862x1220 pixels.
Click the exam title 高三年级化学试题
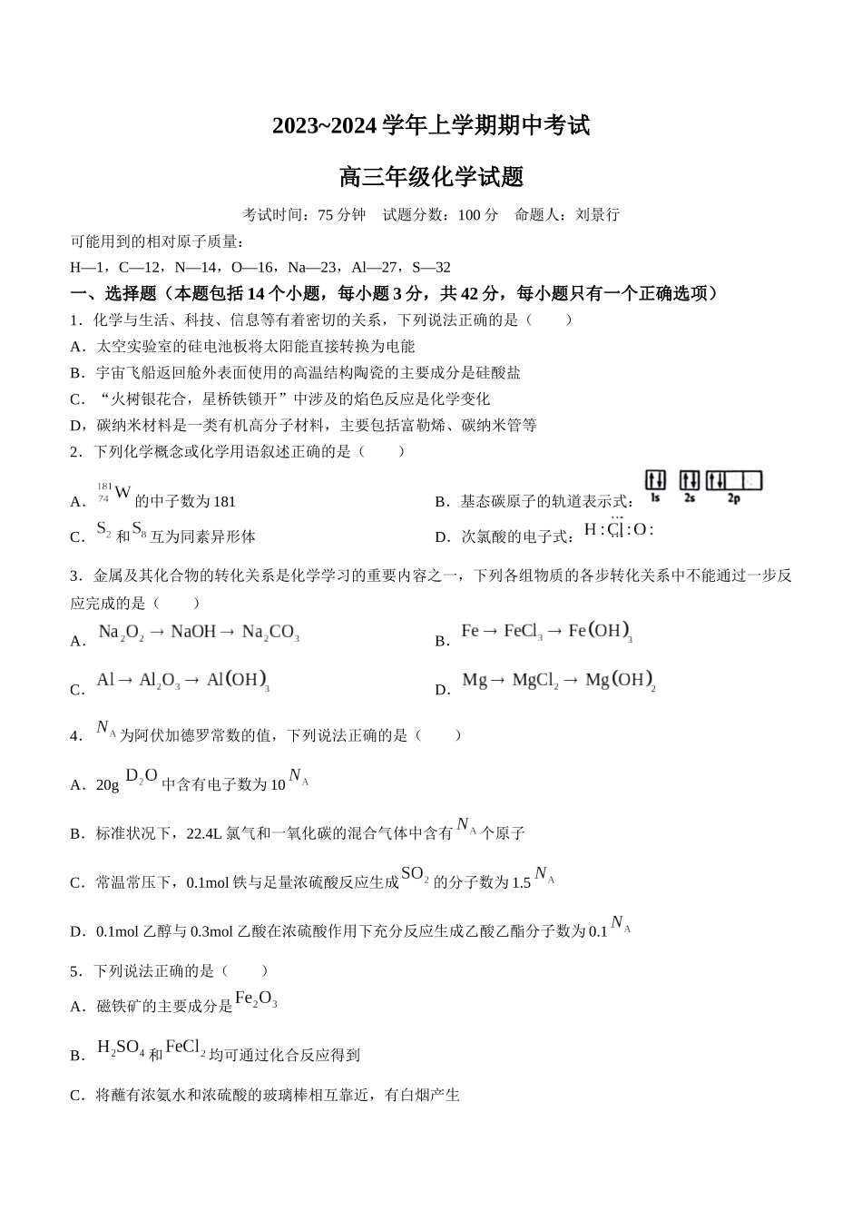(x=431, y=177)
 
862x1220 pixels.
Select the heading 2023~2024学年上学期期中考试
(x=431, y=126)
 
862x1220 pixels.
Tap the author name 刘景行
(x=597, y=215)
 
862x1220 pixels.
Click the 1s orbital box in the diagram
(x=655, y=481)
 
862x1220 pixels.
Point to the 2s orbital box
(x=690, y=481)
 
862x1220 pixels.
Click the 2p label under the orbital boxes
(x=733, y=498)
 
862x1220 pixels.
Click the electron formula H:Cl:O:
(x=618, y=529)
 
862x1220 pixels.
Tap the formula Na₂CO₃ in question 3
(x=270, y=633)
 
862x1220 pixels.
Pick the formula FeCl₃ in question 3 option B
(x=524, y=632)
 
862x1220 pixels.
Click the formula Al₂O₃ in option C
(x=159, y=681)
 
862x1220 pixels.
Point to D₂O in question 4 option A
(x=141, y=776)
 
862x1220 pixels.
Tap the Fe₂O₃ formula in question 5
(x=256, y=999)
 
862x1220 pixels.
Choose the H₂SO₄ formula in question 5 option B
(x=121, y=1048)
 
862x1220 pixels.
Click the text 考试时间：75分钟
(x=304, y=215)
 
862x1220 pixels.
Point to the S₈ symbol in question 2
(x=139, y=530)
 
